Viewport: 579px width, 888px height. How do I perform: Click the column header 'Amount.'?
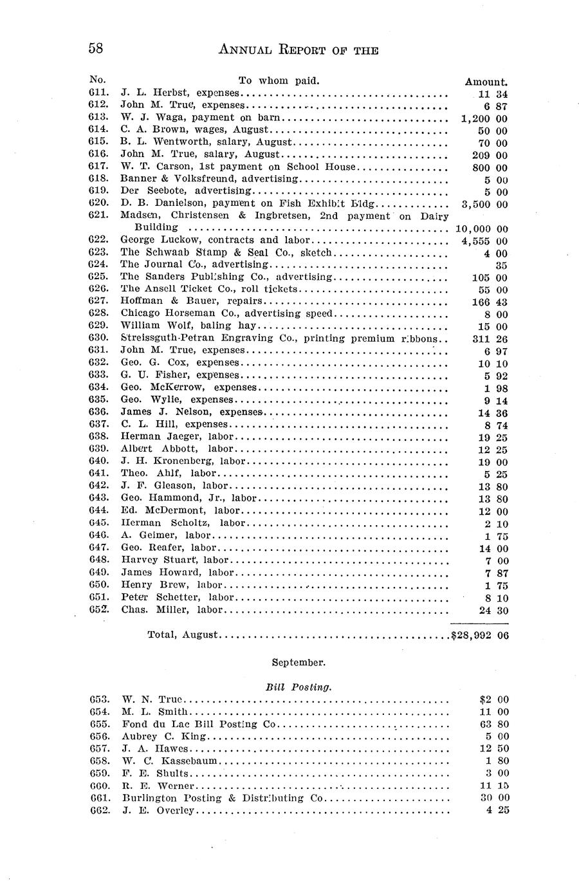pyautogui.click(x=486, y=82)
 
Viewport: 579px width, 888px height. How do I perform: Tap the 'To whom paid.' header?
pyautogui.click(x=279, y=80)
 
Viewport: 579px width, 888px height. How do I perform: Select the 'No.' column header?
pyautogui.click(x=97, y=79)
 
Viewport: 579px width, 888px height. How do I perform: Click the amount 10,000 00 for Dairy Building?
pyautogui.click(x=482, y=228)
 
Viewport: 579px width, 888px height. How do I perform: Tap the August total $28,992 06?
pyautogui.click(x=480, y=635)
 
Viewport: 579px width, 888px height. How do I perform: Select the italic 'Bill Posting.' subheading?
pyautogui.click(x=299, y=687)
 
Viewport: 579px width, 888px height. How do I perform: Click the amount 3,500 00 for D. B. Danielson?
pyautogui.click(x=484, y=204)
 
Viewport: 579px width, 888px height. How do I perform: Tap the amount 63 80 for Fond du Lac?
pyautogui.click(x=494, y=724)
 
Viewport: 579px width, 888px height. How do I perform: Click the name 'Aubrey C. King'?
pyautogui.click(x=157, y=736)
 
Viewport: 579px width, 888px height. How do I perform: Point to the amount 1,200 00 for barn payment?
pyautogui.click(x=484, y=118)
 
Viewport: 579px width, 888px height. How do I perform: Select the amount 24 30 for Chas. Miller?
pyautogui.click(x=494, y=610)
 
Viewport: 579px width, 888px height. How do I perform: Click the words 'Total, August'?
pyautogui.click(x=183, y=634)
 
